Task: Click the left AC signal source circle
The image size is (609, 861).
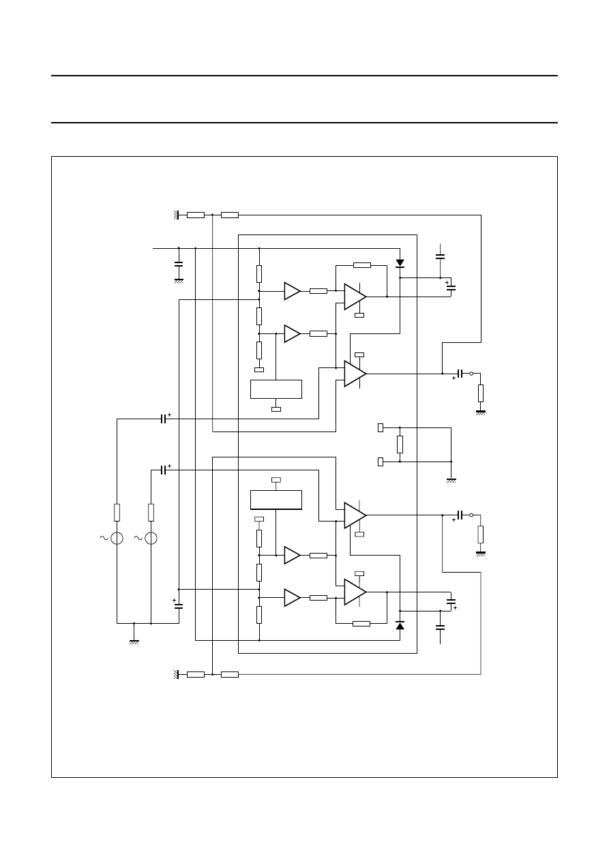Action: [117, 539]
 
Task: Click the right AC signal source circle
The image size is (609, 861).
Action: [151, 539]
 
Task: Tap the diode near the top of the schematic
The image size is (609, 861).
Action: [400, 262]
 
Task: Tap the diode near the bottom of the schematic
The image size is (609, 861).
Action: [400, 625]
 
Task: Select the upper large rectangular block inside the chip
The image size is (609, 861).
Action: [276, 389]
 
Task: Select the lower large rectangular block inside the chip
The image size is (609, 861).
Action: [276, 500]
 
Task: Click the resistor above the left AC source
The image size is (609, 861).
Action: [117, 512]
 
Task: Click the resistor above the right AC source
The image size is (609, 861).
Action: [151, 512]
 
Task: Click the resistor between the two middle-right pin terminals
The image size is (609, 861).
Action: [400, 444]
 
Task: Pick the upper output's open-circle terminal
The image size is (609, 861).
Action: [471, 374]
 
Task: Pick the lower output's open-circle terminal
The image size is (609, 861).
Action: [471, 515]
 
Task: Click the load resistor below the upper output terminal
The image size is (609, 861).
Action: [481, 393]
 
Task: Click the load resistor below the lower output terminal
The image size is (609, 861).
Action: [481, 534]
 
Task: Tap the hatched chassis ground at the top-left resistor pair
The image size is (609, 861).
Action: [176, 215]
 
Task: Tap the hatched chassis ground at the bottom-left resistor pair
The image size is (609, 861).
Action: [176, 674]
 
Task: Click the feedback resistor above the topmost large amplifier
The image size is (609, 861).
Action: [362, 265]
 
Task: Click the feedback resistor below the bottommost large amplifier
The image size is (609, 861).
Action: [362, 623]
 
